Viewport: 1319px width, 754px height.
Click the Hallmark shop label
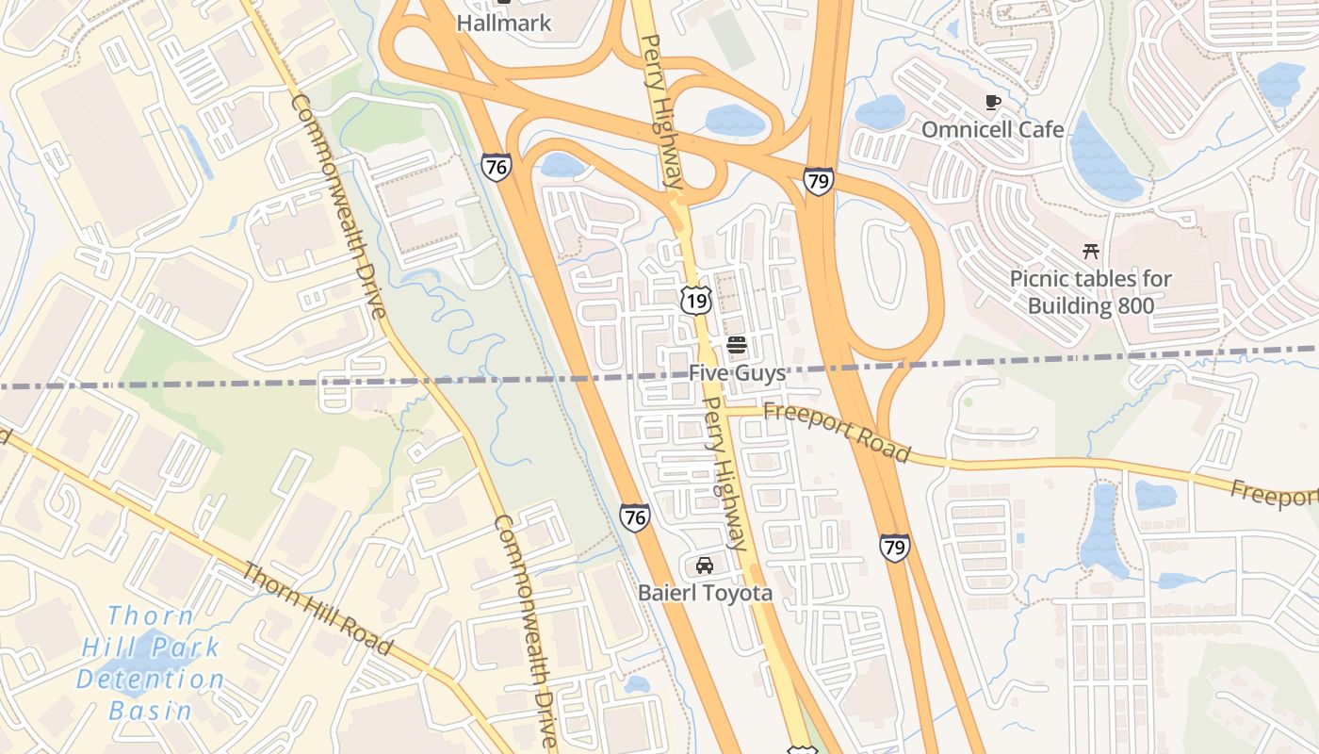pos(503,24)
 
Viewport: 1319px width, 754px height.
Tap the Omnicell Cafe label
pos(992,130)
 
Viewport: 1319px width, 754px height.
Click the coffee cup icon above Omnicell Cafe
pos(991,102)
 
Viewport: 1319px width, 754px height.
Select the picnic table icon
pos(1091,251)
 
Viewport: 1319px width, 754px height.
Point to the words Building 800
pos(1090,305)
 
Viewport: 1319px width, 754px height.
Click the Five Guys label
pos(737,373)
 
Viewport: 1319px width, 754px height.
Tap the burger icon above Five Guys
pos(737,345)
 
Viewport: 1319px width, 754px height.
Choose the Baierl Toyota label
pos(705,593)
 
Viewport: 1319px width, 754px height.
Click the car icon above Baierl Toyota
pos(704,565)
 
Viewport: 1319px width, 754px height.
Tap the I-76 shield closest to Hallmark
pos(496,167)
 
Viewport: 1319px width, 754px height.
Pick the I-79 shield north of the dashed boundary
pos(819,181)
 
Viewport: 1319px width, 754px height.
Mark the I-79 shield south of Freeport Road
pos(894,548)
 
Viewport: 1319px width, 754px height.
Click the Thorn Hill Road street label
pos(317,608)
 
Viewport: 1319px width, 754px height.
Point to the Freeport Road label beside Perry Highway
pos(837,432)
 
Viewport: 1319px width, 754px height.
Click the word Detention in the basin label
pos(151,680)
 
